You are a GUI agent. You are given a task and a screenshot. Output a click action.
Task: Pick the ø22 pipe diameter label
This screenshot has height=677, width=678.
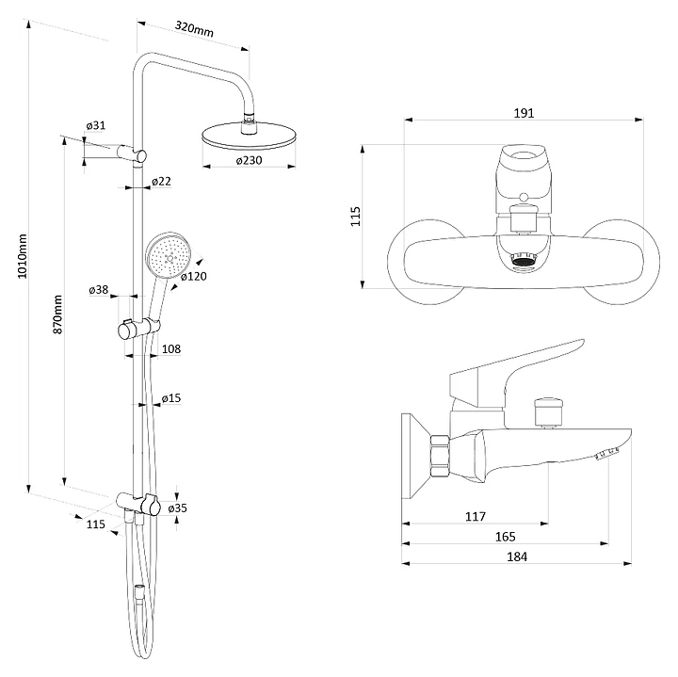pos(161,182)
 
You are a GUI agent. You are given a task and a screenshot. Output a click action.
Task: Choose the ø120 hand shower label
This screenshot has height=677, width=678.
pos(194,276)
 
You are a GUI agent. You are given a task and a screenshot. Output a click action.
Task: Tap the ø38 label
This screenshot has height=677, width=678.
pos(99,290)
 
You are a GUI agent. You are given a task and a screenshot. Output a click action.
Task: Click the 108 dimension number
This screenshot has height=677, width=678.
pos(170,349)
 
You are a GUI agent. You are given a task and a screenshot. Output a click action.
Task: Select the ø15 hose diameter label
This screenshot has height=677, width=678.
pos(170,398)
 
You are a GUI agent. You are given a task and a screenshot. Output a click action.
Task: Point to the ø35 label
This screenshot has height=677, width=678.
pos(177,508)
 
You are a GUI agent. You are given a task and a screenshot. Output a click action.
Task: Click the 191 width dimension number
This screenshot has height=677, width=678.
pos(525,113)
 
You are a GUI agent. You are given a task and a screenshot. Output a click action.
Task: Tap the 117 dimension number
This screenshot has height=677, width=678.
pos(475,516)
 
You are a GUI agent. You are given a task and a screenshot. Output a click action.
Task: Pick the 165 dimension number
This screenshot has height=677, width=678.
pos(505,537)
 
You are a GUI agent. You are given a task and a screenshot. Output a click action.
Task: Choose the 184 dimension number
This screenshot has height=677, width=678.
pos(516,556)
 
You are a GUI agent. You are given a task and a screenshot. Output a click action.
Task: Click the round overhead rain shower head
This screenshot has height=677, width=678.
pos(246,135)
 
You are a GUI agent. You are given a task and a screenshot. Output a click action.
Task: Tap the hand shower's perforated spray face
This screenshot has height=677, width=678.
pos(169,257)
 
